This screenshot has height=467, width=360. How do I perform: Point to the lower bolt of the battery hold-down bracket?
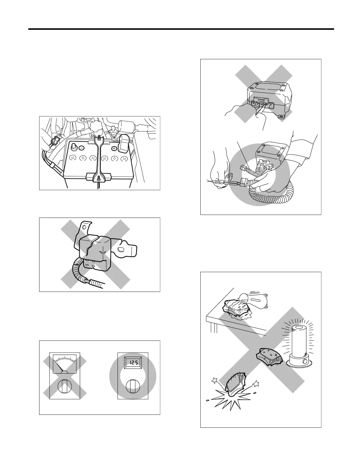pyautogui.click(x=98, y=178)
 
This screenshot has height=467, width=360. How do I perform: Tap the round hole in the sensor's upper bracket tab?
pyautogui.click(x=85, y=227)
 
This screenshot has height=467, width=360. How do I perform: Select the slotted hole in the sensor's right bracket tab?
pyautogui.click(x=121, y=250)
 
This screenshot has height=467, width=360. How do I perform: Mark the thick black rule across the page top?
pyautogui.click(x=181, y=29)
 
